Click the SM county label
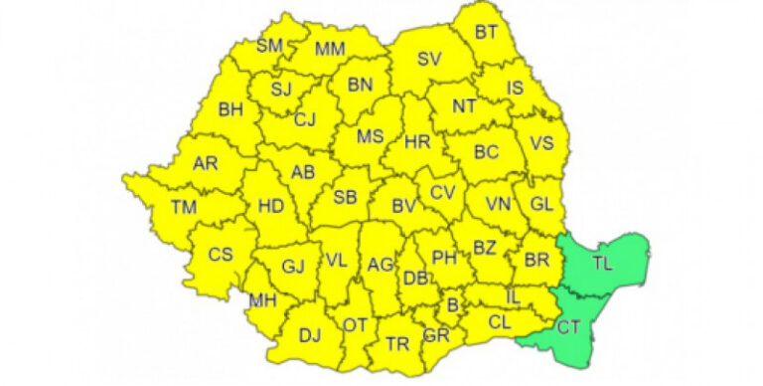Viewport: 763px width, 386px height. point(269,45)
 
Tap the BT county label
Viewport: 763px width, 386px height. point(486,32)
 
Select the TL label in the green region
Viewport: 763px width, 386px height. point(602,264)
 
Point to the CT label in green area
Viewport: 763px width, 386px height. point(569,327)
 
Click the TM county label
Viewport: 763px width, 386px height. point(184,207)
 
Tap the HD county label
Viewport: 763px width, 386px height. point(270,207)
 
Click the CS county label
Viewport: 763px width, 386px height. point(220,255)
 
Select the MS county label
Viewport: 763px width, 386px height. point(371,136)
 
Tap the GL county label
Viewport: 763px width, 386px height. point(540,203)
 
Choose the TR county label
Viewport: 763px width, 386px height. point(397,344)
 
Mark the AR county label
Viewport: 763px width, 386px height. point(205,163)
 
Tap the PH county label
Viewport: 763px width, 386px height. point(443,258)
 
